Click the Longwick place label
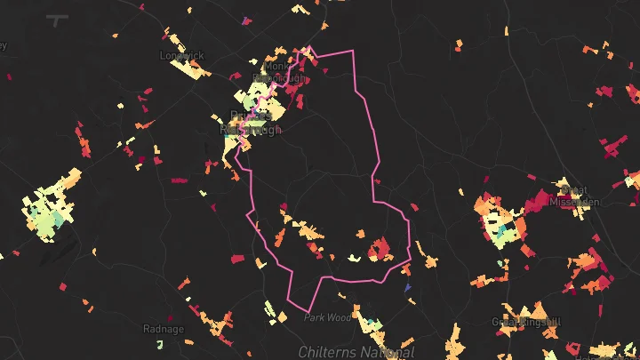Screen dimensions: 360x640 [182, 55]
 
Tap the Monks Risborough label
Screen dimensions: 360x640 [279, 72]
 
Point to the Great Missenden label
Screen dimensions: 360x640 [574, 195]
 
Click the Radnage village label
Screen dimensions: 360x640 [164, 329]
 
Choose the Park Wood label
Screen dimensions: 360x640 [328, 317]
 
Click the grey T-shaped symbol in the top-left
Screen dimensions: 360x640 [59, 20]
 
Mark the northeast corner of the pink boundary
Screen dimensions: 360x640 [354, 52]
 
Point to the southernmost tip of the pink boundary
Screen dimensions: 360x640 [308, 311]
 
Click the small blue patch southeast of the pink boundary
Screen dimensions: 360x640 [407, 288]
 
